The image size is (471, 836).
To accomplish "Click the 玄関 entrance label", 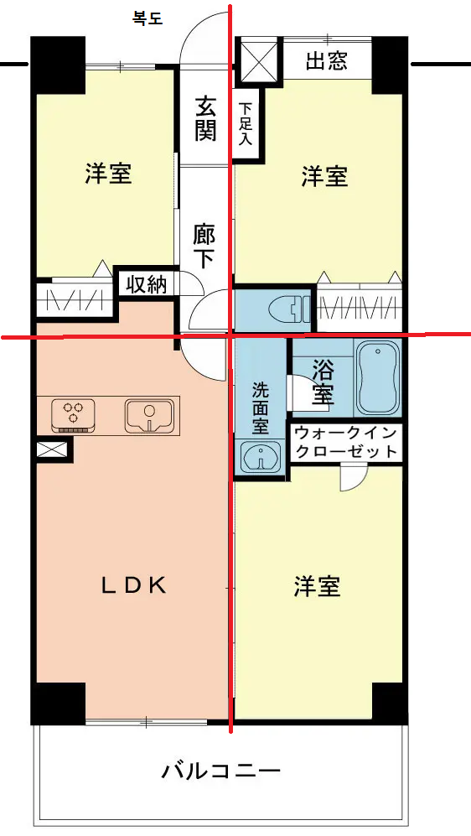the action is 205,119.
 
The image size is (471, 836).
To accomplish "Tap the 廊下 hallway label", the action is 204,246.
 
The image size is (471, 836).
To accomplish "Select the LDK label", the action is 134,586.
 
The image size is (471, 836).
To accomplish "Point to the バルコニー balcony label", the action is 221,770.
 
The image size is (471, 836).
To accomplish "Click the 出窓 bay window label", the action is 327,62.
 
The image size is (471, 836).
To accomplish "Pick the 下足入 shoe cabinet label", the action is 245,124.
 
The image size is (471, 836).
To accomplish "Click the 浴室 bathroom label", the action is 323,382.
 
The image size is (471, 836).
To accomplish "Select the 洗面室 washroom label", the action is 261,408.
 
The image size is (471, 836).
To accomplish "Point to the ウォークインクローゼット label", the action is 346,442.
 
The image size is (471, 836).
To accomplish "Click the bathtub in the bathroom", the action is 378,379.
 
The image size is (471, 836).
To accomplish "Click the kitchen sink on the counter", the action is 150,415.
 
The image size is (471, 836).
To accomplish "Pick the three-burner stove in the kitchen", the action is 74,415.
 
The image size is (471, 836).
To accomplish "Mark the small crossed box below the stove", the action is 52,449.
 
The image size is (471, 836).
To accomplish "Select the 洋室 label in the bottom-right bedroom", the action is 317,586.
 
